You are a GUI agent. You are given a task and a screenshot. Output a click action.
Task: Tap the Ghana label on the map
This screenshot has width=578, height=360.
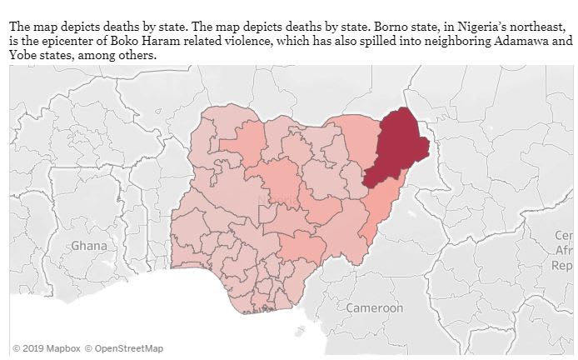tap(89, 246)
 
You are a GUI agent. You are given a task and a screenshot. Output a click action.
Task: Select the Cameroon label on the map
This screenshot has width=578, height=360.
tap(374, 308)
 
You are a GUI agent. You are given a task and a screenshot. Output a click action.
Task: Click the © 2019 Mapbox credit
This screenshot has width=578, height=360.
tap(45, 348)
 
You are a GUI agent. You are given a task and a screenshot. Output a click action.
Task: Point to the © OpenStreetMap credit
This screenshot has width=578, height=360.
tap(123, 348)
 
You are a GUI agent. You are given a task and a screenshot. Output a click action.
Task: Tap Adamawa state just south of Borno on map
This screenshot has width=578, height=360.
tap(383, 204)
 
